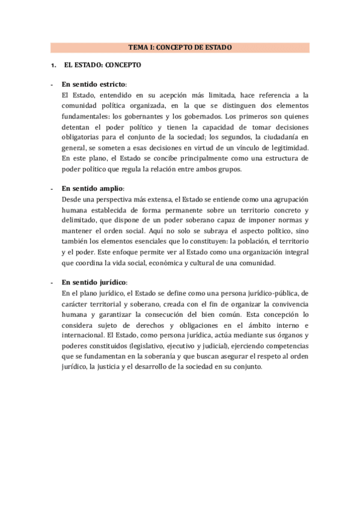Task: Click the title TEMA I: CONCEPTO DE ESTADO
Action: [180, 48]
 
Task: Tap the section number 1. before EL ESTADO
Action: [53, 65]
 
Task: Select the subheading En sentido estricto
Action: [94, 84]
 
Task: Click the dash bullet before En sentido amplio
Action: [52, 188]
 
